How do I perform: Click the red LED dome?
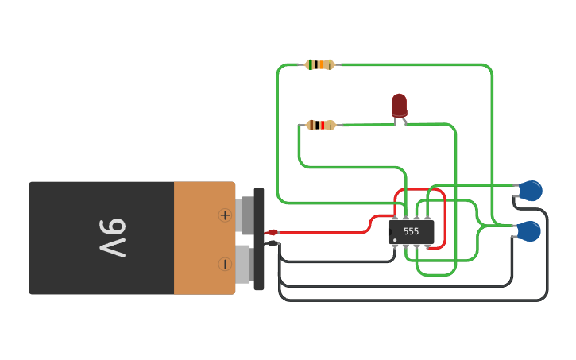[400, 106]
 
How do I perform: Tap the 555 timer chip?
[411, 232]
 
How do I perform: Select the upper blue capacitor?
[531, 191]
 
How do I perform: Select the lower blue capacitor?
[529, 231]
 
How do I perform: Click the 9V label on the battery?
[113, 238]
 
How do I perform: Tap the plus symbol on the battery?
[225, 215]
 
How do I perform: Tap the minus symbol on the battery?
[225, 264]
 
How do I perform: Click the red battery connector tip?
[273, 232]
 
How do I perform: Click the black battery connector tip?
[273, 243]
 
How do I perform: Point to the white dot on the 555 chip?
[395, 240]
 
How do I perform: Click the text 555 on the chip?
[411, 231]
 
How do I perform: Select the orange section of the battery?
[205, 238]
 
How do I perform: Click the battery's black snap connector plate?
[259, 238]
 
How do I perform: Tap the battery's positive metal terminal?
[245, 215]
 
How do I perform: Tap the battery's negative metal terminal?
[245, 265]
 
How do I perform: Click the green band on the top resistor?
[311, 64]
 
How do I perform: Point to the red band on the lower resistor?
[323, 126]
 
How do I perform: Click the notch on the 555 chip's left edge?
[390, 232]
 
